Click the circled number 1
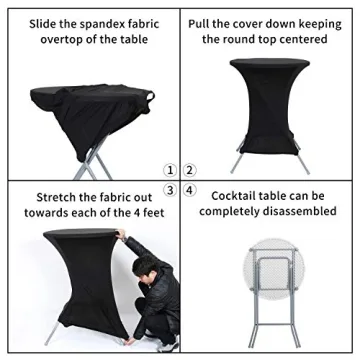171,170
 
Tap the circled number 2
189,170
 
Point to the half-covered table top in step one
88,96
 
